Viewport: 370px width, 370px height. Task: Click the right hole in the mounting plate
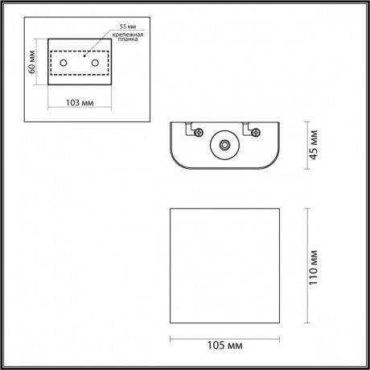tap(96, 63)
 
